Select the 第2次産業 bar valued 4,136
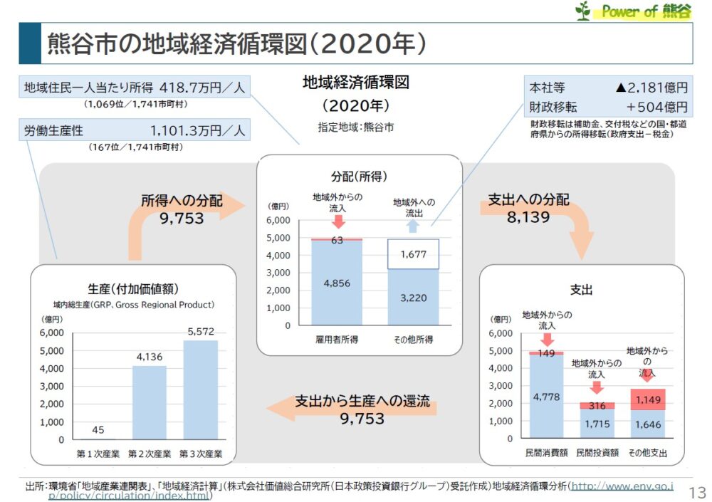tap(149, 402)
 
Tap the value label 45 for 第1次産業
tap(98, 429)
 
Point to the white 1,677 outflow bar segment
tap(413, 254)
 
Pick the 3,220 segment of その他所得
tap(413, 298)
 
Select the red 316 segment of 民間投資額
tap(597, 405)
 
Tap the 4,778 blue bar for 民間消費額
tap(546, 397)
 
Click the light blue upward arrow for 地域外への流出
tap(413, 226)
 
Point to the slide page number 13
tap(698, 492)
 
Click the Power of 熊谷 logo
tap(633, 11)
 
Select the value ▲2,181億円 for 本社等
tap(651, 88)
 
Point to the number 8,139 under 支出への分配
tap(528, 217)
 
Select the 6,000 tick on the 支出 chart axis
tap(501, 333)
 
